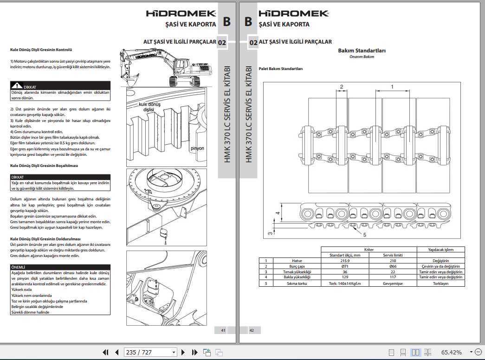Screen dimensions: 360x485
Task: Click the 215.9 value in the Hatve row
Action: point(345,261)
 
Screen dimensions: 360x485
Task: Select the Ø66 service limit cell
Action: point(393,267)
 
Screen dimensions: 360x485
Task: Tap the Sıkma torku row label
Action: point(297,283)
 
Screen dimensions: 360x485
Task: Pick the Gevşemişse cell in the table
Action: point(393,283)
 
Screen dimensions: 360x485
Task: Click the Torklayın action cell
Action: point(440,283)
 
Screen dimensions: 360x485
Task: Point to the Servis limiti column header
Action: point(393,255)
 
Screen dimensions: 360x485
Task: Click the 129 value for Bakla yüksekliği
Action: point(345,277)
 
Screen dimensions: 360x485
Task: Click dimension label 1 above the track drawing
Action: point(392,87)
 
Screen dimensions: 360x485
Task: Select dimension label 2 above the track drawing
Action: point(341,87)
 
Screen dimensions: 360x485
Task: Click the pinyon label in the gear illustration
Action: point(197,148)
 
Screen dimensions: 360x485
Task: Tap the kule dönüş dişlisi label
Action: point(149,107)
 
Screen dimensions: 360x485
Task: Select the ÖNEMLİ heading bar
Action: point(60,267)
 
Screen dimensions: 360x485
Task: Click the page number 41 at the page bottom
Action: point(223,330)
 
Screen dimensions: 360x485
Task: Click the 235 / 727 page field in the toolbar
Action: point(150,353)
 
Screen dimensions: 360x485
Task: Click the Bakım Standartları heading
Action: point(362,51)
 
